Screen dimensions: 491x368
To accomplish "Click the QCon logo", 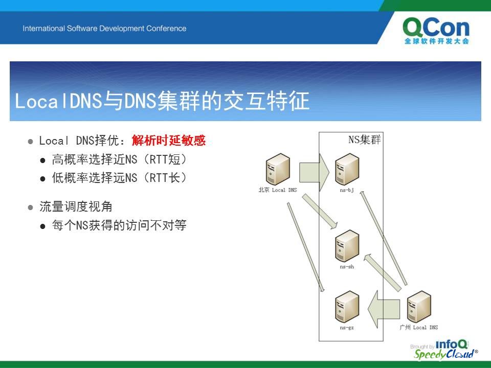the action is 436,31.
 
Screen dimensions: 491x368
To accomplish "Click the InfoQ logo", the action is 451,344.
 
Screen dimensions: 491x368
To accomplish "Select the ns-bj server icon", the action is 347,170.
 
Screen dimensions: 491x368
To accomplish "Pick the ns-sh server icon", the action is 347,246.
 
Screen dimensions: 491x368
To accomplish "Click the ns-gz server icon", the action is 347,307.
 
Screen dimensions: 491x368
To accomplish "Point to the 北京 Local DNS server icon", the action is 278,170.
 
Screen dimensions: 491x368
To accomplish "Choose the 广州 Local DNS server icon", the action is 419,307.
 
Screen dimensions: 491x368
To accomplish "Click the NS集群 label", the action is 365,140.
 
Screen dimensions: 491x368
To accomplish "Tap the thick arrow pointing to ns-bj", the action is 314,172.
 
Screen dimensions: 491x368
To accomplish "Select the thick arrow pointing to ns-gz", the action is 384,309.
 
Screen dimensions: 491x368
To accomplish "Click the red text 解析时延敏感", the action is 168,140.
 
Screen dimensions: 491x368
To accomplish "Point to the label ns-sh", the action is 347,267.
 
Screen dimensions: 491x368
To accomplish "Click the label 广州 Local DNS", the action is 419,327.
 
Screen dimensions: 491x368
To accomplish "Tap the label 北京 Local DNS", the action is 278,190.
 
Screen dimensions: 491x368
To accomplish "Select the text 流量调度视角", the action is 76,206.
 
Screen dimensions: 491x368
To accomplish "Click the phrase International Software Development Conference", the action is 104,29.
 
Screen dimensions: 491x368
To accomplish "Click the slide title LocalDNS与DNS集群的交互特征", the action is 162,101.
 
